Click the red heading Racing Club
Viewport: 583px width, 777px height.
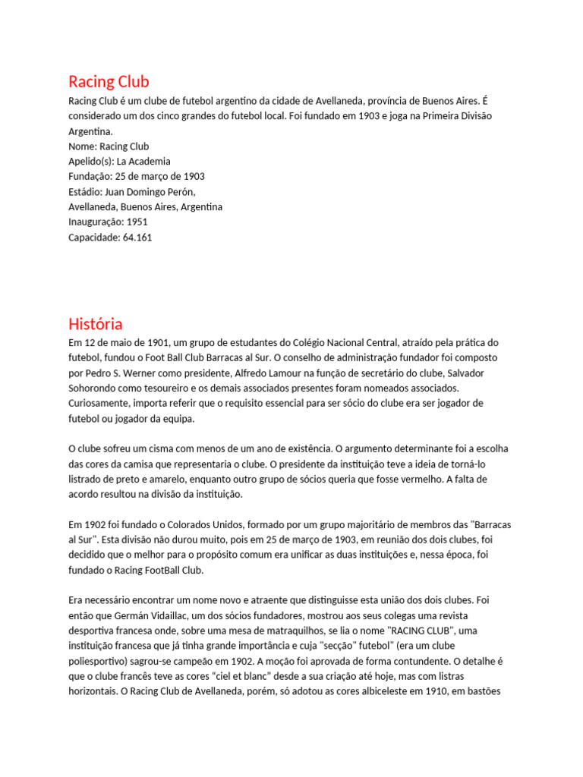(109, 82)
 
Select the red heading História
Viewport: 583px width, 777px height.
(95, 324)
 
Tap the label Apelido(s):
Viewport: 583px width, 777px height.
(91, 161)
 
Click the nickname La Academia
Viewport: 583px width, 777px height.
(143, 161)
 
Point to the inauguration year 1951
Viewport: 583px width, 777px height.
(137, 222)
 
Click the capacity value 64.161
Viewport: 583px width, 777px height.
(137, 237)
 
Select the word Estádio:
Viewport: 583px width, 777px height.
(87, 191)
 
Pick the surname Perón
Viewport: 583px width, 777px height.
(179, 191)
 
